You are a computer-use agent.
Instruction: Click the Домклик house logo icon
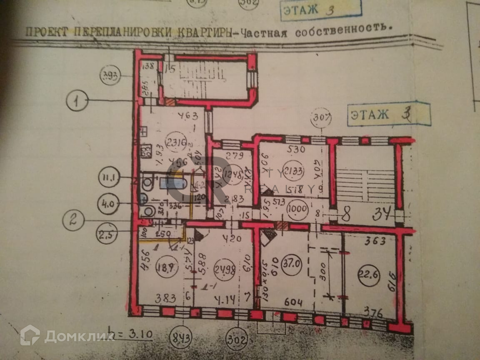point(30,335)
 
